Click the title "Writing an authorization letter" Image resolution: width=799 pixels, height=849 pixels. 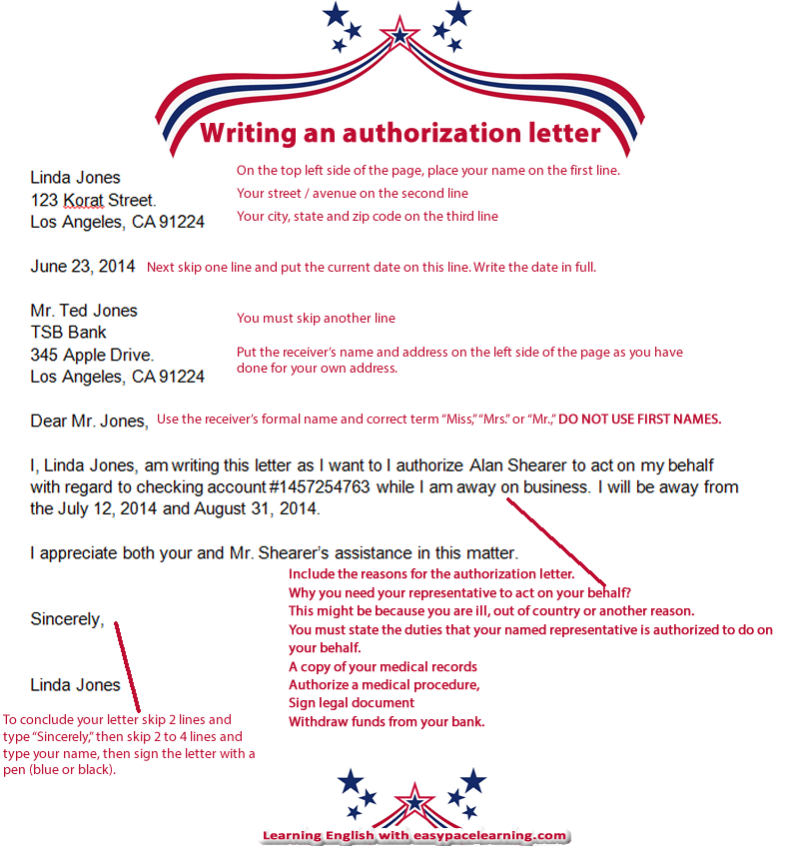click(400, 133)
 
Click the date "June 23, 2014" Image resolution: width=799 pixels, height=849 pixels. click(83, 267)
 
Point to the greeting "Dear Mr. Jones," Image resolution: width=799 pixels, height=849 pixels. click(89, 421)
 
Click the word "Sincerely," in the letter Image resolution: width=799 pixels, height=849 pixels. click(67, 619)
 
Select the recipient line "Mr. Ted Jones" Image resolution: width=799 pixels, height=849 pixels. click(84, 311)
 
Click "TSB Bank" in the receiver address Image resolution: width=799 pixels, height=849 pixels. click(68, 333)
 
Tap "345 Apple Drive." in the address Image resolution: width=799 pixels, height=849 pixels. click(92, 355)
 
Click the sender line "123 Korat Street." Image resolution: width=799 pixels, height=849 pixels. click(93, 200)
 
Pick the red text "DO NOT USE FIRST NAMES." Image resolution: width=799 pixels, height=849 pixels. click(639, 420)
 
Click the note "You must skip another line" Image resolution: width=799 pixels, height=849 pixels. click(316, 319)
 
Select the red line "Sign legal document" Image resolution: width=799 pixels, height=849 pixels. click(352, 702)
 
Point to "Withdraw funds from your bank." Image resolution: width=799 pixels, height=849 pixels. click(387, 721)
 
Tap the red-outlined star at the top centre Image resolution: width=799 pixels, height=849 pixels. click(400, 33)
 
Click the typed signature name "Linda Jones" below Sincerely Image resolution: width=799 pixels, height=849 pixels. click(75, 685)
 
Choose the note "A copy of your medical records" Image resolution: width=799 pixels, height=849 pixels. click(383, 666)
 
